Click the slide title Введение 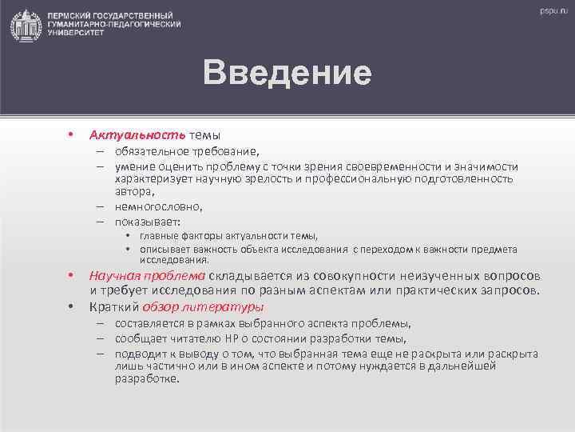point(287,73)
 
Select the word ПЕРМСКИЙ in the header point(72,16)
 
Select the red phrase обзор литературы point(204,306)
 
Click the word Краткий point(113,306)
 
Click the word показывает point(147,222)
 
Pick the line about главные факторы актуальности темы point(228,235)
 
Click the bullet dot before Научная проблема point(71,276)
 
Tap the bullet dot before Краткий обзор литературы point(71,306)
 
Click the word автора point(133,192)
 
